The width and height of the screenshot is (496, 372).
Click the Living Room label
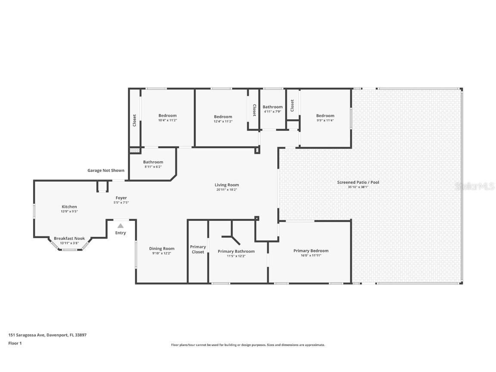[x=226, y=185]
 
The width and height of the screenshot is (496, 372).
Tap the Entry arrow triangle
[x=121, y=226]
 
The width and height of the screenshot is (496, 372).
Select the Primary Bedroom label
[x=311, y=251]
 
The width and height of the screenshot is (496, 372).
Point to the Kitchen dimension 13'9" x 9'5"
[x=69, y=211]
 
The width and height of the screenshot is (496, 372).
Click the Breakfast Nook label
[x=69, y=238]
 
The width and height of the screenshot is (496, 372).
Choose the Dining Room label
[x=162, y=248]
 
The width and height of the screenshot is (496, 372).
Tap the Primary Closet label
[x=198, y=249]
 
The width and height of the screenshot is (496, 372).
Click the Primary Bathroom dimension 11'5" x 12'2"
[x=236, y=256]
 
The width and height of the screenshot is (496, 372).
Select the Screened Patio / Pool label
[x=358, y=182]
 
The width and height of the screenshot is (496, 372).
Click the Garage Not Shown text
[x=106, y=170]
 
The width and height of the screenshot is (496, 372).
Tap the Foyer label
[x=121, y=198]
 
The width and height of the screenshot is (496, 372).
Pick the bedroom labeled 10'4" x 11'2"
[x=167, y=115]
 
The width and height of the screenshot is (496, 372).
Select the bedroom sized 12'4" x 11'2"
[x=223, y=117]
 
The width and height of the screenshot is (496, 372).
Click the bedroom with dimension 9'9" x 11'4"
[x=325, y=115]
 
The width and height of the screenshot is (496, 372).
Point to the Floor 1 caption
[x=15, y=343]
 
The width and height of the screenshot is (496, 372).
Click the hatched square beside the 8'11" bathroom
[x=134, y=151]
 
